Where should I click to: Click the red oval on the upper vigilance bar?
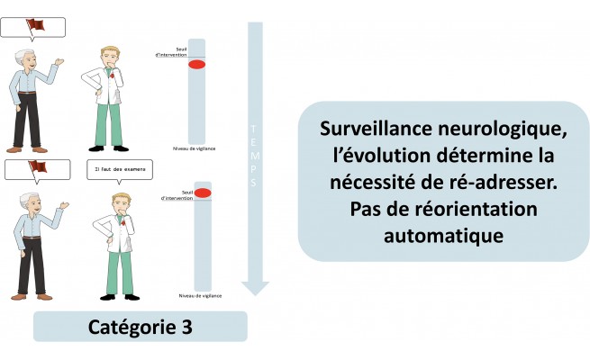[x=196, y=65]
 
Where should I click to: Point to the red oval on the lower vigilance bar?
[x=203, y=193]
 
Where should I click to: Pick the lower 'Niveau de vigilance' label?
[x=201, y=294]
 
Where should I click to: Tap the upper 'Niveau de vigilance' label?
[x=194, y=148]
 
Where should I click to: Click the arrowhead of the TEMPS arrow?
[x=255, y=287]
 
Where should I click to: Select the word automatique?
[x=443, y=237]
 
